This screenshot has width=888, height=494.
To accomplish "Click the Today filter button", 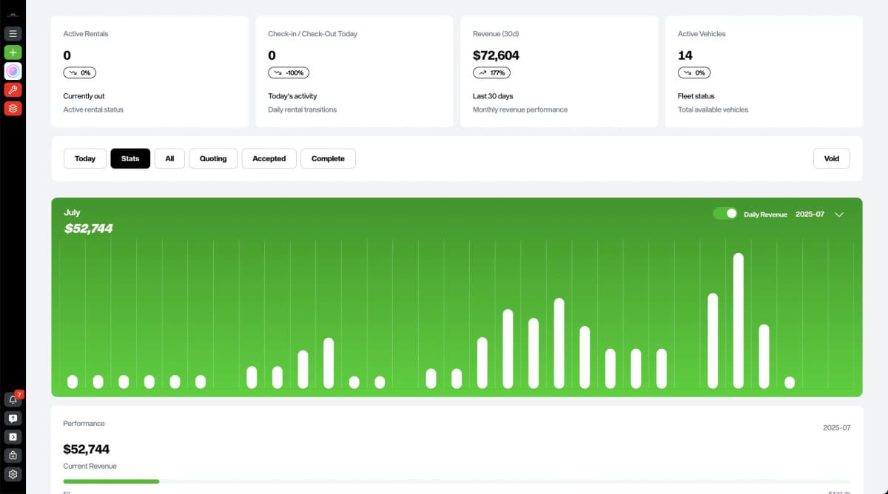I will point(85,158).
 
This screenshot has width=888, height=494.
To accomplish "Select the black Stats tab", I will point(130,158).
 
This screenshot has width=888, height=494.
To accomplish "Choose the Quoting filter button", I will point(213,158).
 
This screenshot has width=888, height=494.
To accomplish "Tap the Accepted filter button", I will point(269,158).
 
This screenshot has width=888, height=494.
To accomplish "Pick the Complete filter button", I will point(328,158).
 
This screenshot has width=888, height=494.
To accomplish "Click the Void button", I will point(832,158).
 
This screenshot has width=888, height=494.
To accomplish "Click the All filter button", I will point(169,158).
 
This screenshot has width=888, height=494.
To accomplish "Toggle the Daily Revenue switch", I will point(725,214).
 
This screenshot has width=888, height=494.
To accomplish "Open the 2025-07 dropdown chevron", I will point(839,214).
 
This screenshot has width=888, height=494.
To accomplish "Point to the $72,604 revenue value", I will point(496,55).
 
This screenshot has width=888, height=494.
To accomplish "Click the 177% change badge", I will point(491,72).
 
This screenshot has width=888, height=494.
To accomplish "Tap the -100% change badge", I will point(289,72).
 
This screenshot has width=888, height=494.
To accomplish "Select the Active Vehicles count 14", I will point(685,55).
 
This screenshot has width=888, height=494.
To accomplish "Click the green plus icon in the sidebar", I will point(13,53).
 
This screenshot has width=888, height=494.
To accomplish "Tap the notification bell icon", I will point(13,399).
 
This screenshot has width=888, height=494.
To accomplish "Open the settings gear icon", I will point(13,474).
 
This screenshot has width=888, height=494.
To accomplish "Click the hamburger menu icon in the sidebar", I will point(13,33).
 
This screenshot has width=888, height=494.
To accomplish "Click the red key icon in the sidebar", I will point(13,89).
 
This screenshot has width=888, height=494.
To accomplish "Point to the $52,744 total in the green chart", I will point(89,229).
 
